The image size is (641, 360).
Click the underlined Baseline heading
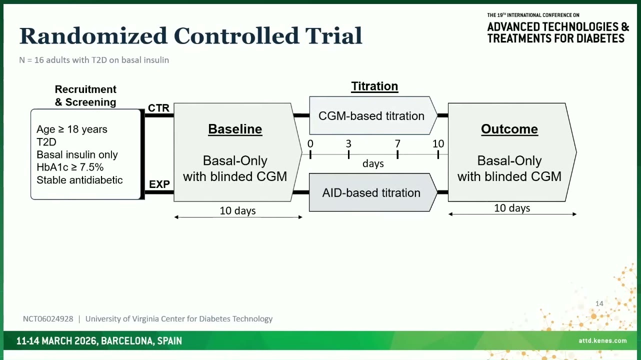coord(235,129)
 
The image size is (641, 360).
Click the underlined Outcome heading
coord(509,129)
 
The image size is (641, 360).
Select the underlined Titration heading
coord(374,86)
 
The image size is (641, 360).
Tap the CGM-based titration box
coord(373,115)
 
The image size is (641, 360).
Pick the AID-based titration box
coord(373,192)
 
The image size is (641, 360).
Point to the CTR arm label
coord(159,108)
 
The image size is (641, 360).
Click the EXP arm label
coord(159,184)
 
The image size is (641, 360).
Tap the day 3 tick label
coord(348,143)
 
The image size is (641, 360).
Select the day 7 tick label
coord(397,143)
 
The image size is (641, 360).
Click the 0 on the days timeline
coord(310,143)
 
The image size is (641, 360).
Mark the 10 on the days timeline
coord(438,143)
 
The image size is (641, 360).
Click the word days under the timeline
coord(373,163)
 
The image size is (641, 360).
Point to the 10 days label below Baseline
coord(237,211)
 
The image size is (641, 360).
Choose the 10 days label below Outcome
coord(512,208)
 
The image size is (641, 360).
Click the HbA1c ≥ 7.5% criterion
coord(70,167)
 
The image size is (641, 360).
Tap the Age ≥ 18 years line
coord(72,129)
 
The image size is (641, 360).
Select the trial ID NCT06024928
coord(48,319)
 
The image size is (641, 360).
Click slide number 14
coord(599,303)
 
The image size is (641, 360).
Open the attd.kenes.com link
coord(602,341)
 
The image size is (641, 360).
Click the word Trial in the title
coord(334,36)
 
